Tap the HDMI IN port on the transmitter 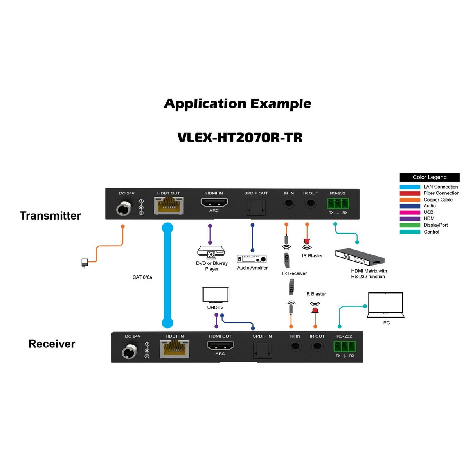(x=214, y=203)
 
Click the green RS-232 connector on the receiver (x=344, y=347)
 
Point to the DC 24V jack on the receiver (x=130, y=351)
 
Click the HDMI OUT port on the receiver (x=220, y=345)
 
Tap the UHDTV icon (x=215, y=295)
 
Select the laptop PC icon (x=385, y=305)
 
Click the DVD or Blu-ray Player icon (x=211, y=252)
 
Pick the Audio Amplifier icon (x=252, y=259)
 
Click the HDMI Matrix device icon (x=360, y=257)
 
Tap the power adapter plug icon (x=85, y=263)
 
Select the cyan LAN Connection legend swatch (x=410, y=187)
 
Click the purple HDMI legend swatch (x=410, y=219)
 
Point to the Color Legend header (x=429, y=177)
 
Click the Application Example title (x=238, y=104)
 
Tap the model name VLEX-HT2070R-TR (x=240, y=138)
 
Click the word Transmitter (x=50, y=216)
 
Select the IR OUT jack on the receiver (x=317, y=346)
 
